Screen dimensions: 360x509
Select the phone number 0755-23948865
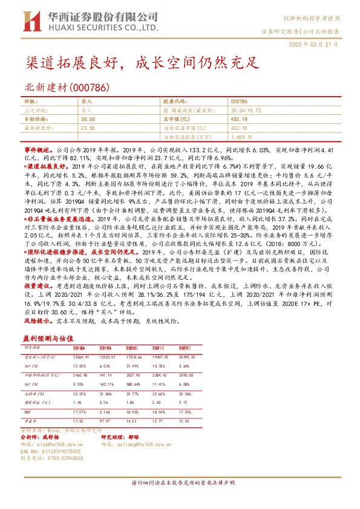coord(63,458)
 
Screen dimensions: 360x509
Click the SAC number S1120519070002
coord(58,450)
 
